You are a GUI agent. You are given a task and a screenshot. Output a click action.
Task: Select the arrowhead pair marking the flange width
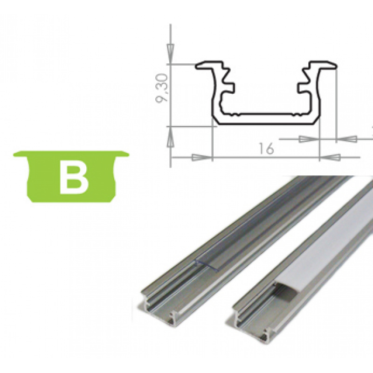[x=326, y=138]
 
